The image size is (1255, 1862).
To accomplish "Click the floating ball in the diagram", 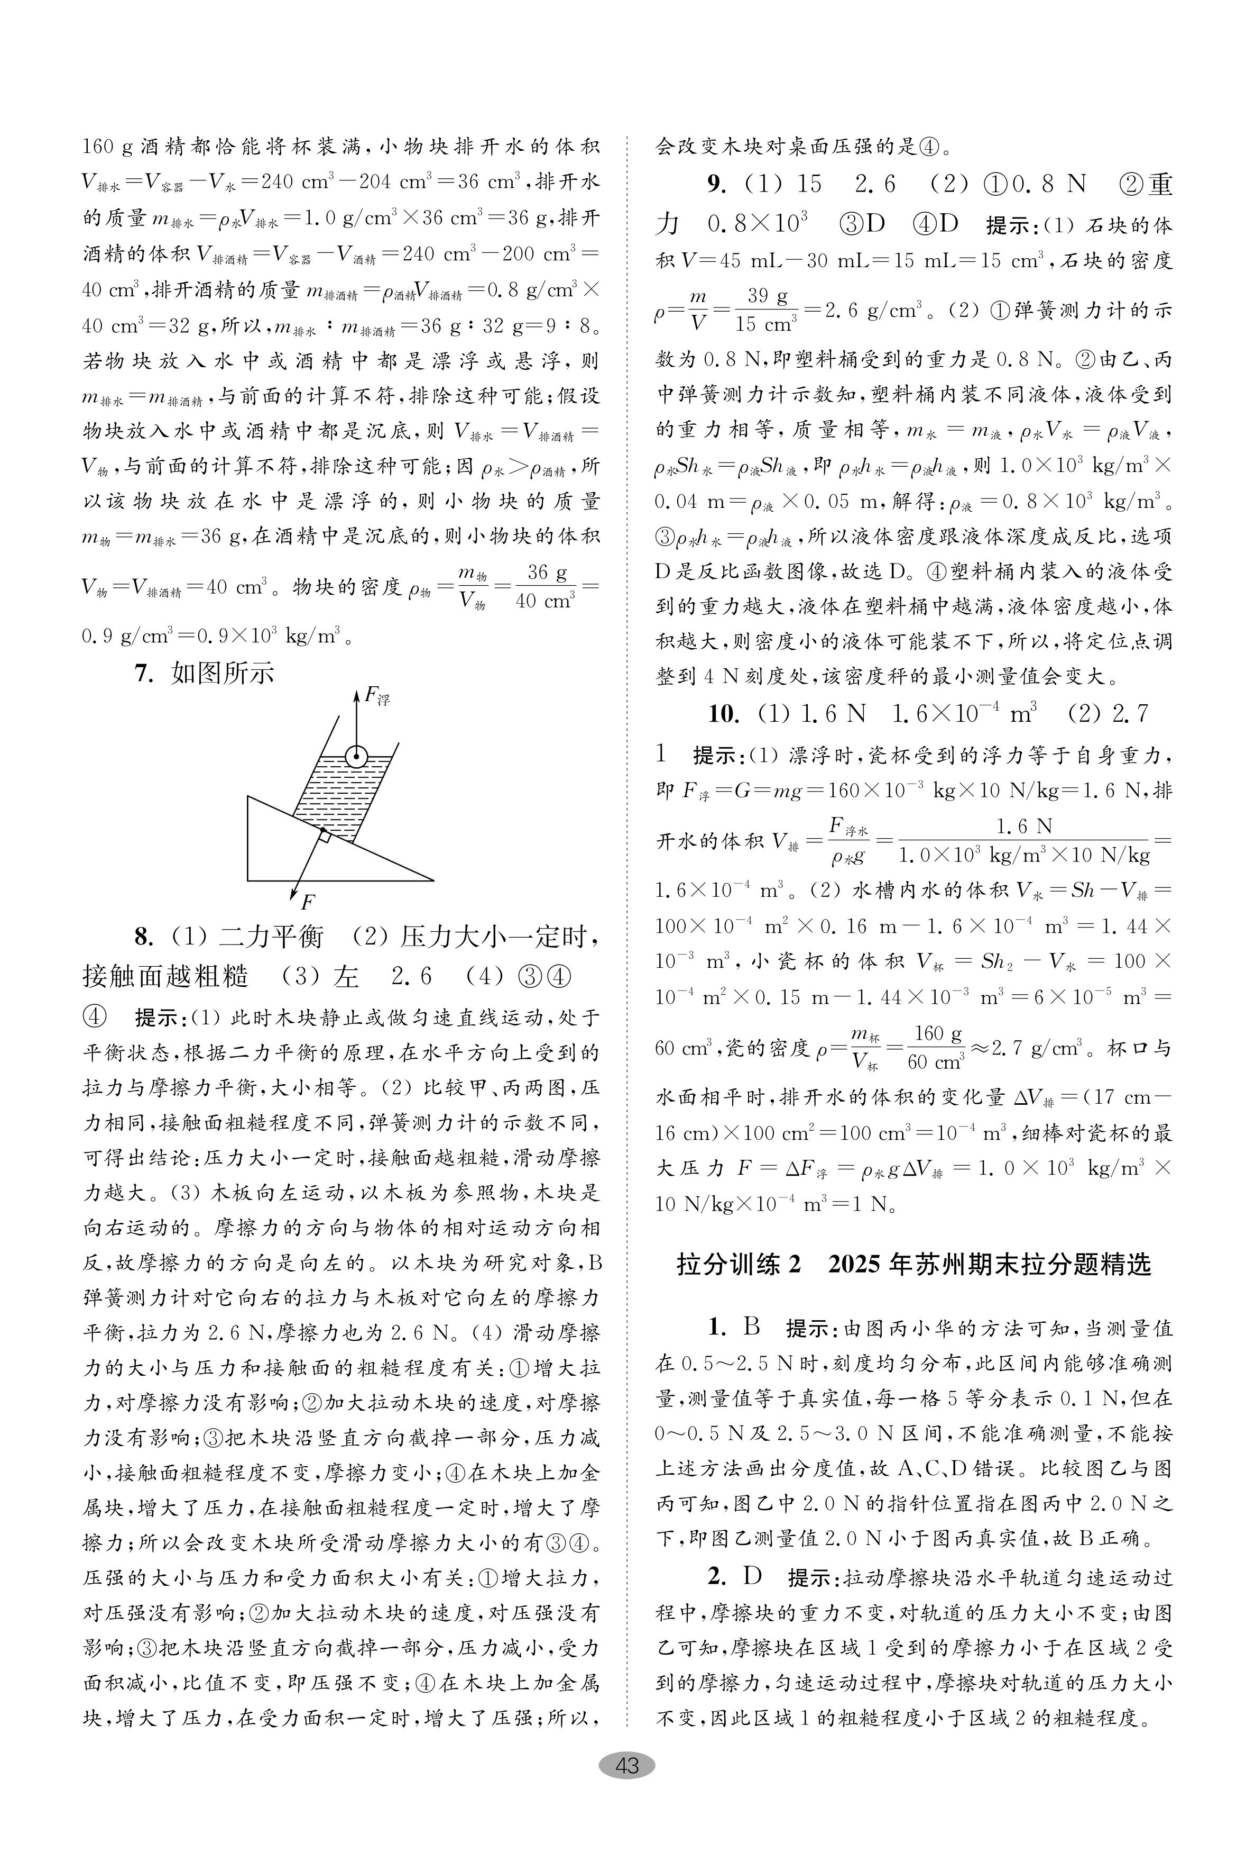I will pos(356,755).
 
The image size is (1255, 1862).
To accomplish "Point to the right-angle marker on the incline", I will pos(324,835).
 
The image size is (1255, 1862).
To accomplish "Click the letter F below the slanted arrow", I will pos(307,903).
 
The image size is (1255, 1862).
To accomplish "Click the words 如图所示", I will pos(223,674).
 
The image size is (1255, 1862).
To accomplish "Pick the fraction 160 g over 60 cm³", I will pos(935,1048).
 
